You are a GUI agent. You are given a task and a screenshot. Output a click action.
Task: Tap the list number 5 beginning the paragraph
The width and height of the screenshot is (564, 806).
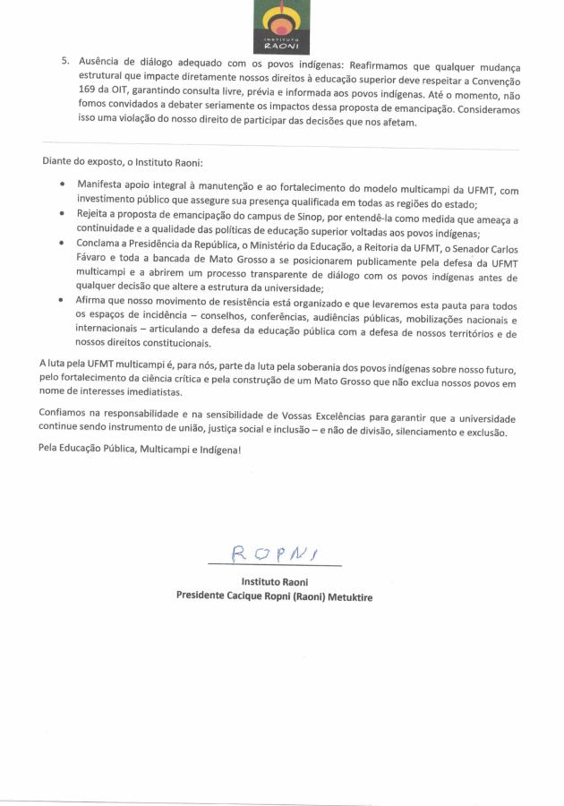64,65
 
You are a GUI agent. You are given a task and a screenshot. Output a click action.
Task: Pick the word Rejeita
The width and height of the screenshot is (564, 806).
96,215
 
